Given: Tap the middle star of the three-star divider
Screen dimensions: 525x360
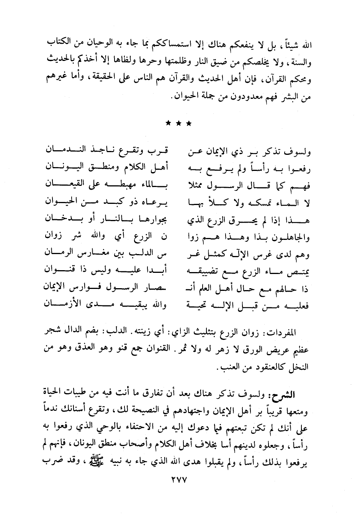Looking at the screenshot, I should pos(178,124).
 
